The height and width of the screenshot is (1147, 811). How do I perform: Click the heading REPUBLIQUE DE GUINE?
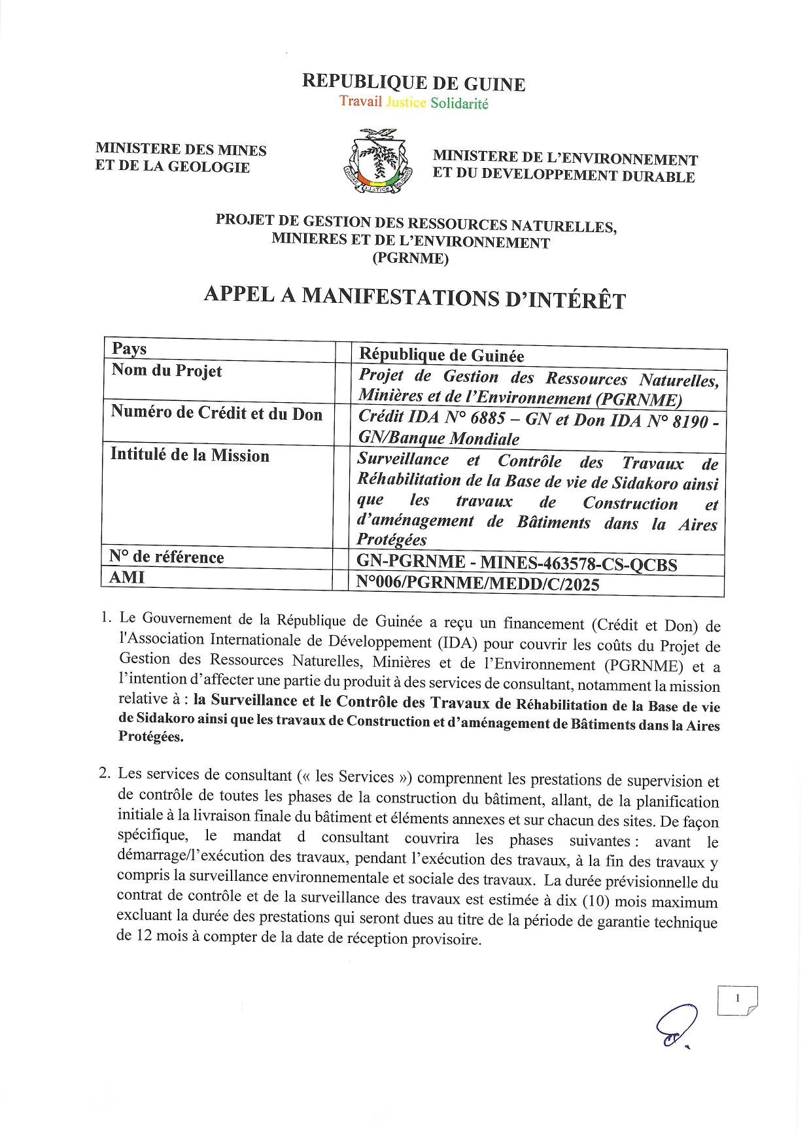(413, 83)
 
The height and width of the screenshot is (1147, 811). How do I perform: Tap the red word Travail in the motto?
(360, 101)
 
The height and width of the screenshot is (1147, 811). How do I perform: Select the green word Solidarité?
(459, 103)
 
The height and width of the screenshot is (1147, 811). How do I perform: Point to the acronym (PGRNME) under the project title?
(411, 258)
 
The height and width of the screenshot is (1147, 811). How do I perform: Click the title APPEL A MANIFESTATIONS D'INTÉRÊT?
(415, 298)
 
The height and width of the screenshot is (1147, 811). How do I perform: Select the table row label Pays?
(129, 349)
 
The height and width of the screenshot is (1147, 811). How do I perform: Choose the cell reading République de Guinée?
(441, 355)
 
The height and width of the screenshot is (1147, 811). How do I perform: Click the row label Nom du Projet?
(167, 371)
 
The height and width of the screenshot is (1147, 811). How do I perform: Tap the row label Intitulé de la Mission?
(190, 455)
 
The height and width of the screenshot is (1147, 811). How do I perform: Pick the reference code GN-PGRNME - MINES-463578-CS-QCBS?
(517, 564)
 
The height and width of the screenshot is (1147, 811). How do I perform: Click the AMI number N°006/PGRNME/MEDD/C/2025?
(477, 584)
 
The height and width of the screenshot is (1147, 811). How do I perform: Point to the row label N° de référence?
(167, 557)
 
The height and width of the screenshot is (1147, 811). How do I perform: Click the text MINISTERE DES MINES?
(181, 150)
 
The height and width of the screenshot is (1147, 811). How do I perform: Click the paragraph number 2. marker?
(105, 774)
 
